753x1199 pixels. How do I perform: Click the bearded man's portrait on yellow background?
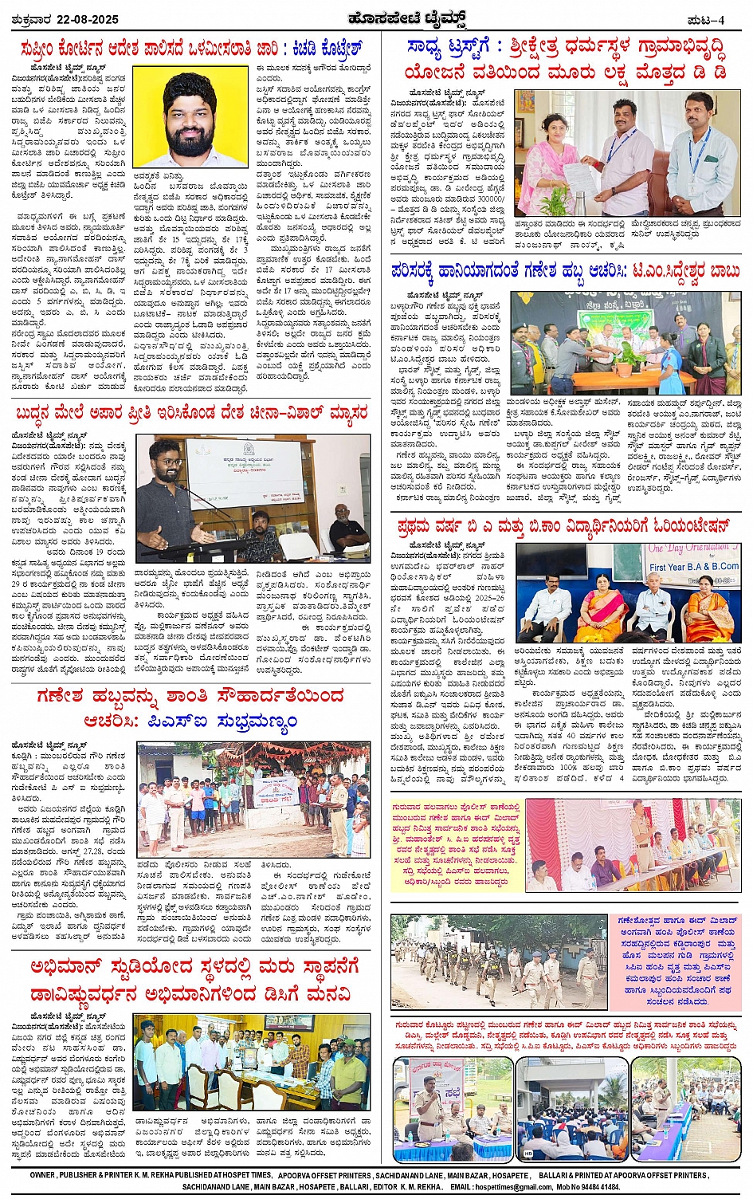pyautogui.click(x=190, y=116)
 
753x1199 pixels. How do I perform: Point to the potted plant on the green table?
pyautogui.click(x=629, y=356)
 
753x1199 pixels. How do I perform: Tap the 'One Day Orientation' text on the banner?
pyautogui.click(x=688, y=549)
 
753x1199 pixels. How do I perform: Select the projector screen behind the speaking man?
pyautogui.click(x=246, y=473)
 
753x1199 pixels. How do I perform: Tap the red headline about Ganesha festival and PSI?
pyautogui.click(x=191, y=708)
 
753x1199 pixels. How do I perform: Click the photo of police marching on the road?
pyautogui.click(x=498, y=962)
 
